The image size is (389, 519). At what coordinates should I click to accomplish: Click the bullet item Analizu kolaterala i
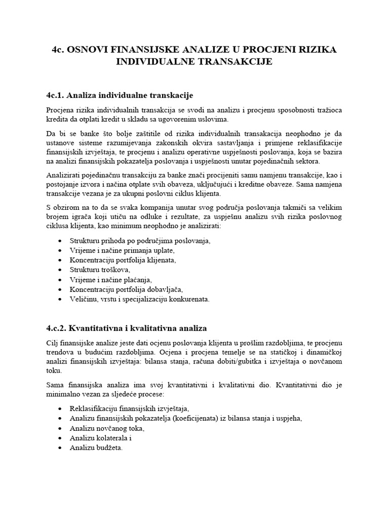[100, 438]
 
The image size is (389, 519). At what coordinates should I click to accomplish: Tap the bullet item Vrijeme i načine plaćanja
[111, 279]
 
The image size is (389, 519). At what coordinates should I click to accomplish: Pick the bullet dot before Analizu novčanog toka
[61, 429]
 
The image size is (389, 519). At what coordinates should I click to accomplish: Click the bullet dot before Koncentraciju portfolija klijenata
[61, 261]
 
